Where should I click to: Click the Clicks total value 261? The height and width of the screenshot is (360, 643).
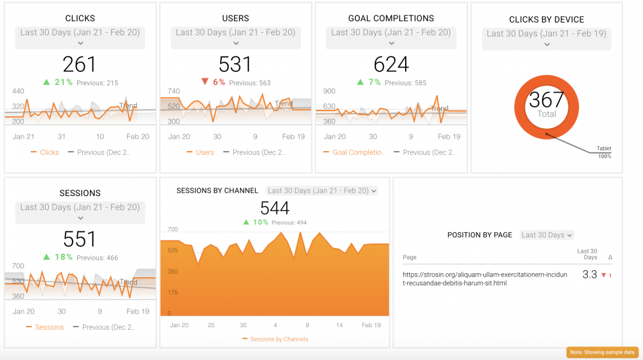point(79,64)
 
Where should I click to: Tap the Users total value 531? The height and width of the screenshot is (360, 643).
point(235,64)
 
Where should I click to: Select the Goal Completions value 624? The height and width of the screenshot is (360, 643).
point(391,64)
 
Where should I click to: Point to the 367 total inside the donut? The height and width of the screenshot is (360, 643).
point(547,100)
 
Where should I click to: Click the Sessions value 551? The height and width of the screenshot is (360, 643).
point(79,239)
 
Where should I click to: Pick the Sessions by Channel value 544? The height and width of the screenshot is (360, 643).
point(275,208)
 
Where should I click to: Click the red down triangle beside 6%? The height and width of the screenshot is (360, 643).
point(205,82)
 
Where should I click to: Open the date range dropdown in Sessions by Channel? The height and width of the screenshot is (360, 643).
point(322,190)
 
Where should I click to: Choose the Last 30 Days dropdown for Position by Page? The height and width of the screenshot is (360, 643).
point(547,235)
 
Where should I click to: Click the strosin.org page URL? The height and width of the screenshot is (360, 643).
point(485,278)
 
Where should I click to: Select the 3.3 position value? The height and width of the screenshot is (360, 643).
point(590,274)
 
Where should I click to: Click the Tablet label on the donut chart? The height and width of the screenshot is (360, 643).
point(604,148)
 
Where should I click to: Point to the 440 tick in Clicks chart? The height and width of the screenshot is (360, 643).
point(18,92)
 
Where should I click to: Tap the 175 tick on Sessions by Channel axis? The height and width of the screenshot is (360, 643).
point(172,292)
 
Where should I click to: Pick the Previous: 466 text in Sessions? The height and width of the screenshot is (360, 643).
point(97,258)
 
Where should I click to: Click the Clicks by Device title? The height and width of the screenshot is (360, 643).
point(547,20)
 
